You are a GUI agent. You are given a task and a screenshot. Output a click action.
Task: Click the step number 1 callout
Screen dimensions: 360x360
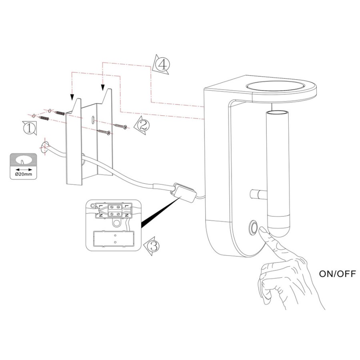click(29, 128)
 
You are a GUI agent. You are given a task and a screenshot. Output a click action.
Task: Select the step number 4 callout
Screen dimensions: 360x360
click(162, 64)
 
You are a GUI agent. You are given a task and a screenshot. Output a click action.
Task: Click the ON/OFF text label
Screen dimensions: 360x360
click(337, 274)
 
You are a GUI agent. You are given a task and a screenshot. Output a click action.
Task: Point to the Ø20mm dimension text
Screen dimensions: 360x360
click(24, 174)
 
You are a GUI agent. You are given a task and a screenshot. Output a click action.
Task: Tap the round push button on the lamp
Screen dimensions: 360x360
click(254, 228)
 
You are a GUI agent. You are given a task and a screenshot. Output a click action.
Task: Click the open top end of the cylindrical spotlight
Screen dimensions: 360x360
click(277, 112)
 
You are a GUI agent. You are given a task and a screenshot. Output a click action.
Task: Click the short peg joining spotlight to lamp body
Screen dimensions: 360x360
click(258, 194)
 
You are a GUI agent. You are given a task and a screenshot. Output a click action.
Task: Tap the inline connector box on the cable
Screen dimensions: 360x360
click(184, 192)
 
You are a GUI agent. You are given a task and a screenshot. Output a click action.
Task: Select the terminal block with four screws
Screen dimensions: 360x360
click(115, 210)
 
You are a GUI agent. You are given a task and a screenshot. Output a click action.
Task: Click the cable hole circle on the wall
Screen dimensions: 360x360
click(44, 148)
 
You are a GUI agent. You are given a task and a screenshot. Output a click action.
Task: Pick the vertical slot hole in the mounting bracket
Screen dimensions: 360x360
click(93, 120)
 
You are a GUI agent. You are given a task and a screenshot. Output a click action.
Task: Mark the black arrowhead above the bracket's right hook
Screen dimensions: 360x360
click(103, 87)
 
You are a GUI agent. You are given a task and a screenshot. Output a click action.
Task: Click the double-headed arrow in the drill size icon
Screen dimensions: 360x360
click(24, 170)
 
